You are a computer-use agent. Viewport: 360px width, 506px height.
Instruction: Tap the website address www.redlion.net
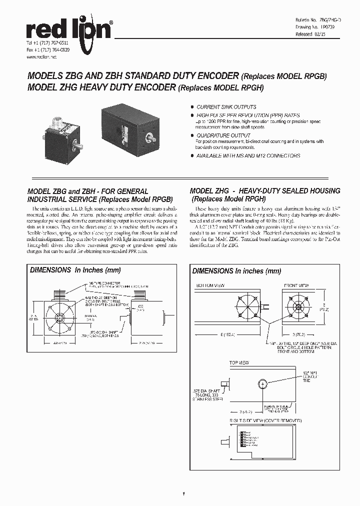pyautogui.click(x=41, y=57)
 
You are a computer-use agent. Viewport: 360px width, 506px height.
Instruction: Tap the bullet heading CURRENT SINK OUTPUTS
pyautogui.click(x=226, y=107)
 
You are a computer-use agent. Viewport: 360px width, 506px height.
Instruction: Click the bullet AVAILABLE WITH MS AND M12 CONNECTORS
pyautogui.click(x=248, y=156)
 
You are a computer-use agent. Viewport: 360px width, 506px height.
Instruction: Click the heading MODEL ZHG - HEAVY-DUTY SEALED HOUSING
pyautogui.click(x=265, y=191)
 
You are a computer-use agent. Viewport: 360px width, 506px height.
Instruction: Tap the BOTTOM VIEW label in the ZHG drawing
pyautogui.click(x=210, y=285)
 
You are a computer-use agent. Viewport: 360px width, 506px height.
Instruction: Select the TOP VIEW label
pyautogui.click(x=238, y=362)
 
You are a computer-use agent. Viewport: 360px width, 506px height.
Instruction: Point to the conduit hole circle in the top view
pyautogui.click(x=263, y=384)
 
